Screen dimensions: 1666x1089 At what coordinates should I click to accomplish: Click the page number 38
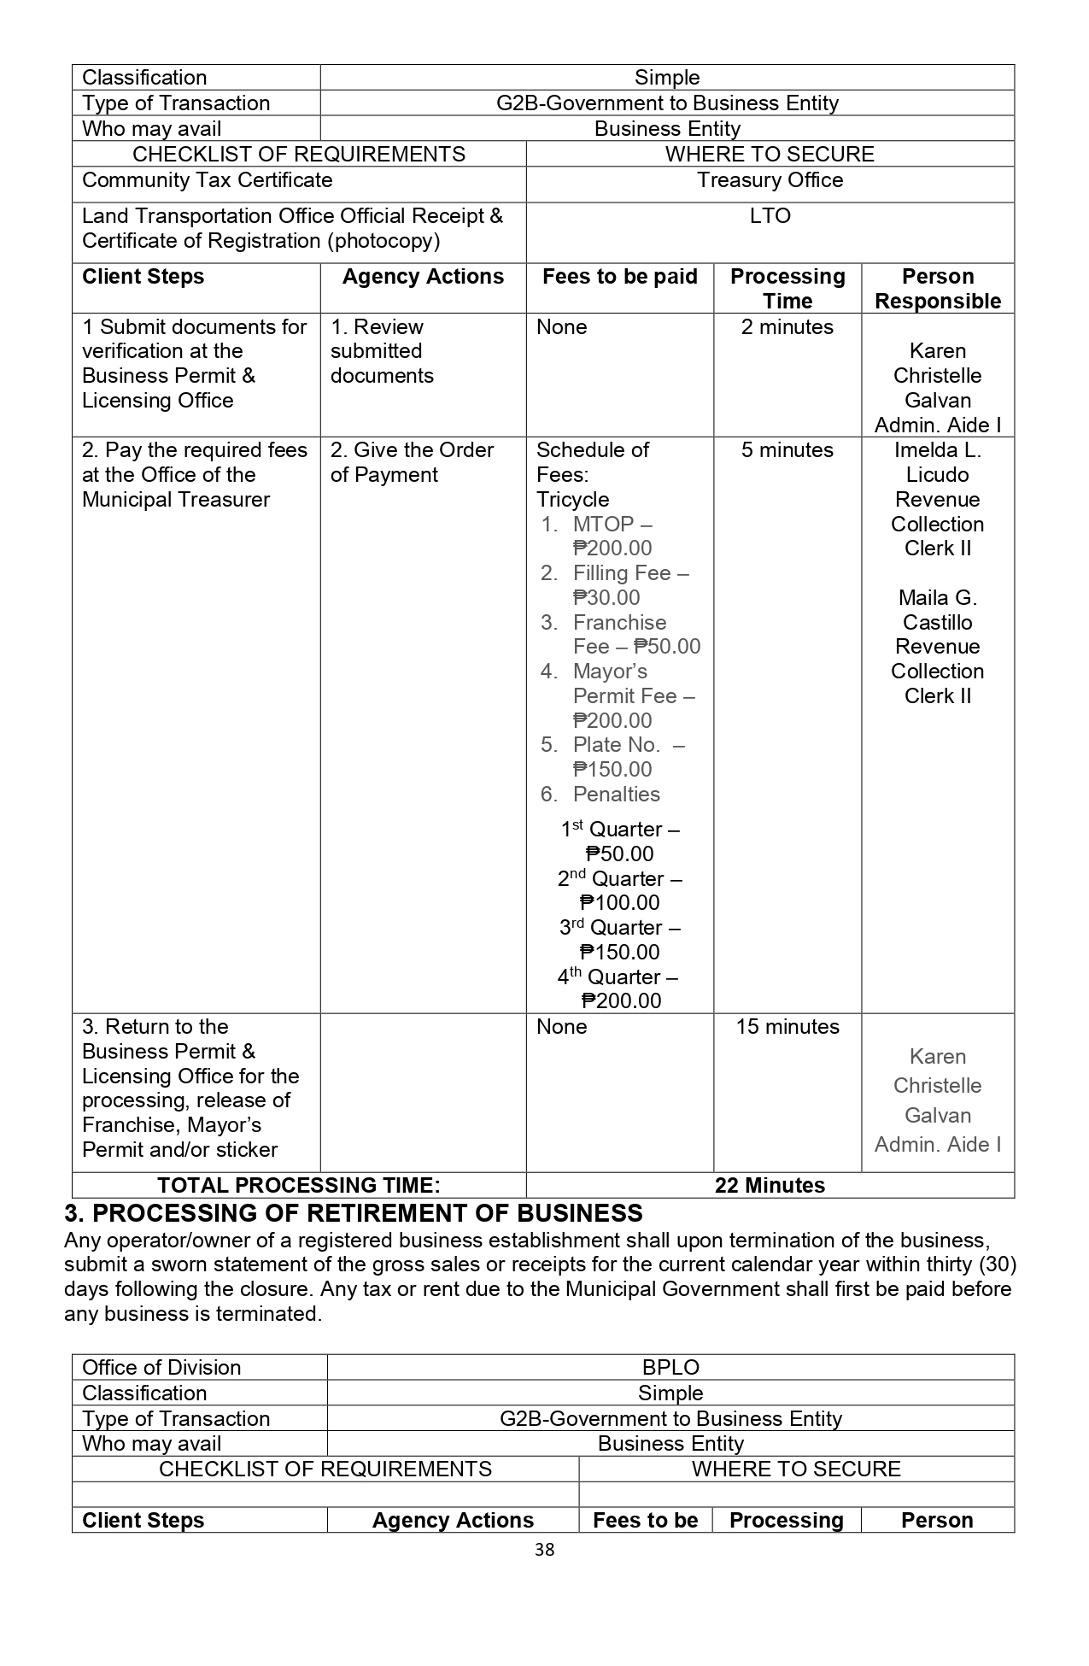pyautogui.click(x=544, y=1549)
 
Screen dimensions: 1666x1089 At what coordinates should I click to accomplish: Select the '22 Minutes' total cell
pyautogui.click(x=770, y=1185)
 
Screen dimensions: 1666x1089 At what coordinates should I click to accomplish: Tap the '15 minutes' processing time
pyautogui.click(x=787, y=1026)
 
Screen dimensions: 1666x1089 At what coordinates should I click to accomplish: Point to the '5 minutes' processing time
pyautogui.click(x=787, y=449)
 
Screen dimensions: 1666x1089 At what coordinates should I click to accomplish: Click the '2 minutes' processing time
pyautogui.click(x=787, y=326)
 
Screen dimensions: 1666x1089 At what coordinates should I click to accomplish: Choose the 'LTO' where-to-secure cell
pyautogui.click(x=770, y=215)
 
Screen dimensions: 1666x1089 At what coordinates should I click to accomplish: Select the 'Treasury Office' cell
pyautogui.click(x=770, y=179)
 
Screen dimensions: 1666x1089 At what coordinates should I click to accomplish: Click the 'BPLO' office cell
pyautogui.click(x=670, y=1367)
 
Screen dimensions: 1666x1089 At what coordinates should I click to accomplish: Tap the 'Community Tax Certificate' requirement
pyautogui.click(x=208, y=179)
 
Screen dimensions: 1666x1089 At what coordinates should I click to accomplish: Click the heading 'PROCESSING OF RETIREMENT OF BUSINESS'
pyautogui.click(x=367, y=1213)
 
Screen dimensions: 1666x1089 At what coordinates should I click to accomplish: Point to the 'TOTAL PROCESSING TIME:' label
pyautogui.click(x=299, y=1185)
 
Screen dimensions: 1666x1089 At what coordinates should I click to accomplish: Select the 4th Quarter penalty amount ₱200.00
pyautogui.click(x=621, y=1000)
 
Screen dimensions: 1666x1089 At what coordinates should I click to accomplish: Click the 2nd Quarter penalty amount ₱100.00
pyautogui.click(x=619, y=902)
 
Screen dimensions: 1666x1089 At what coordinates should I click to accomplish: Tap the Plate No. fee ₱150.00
pyautogui.click(x=612, y=769)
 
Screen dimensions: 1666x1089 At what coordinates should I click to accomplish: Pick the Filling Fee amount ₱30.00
pyautogui.click(x=606, y=597)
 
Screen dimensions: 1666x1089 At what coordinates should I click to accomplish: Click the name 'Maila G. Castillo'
pyautogui.click(x=938, y=609)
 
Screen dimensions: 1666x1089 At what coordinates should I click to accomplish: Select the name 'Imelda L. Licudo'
pyautogui.click(x=938, y=461)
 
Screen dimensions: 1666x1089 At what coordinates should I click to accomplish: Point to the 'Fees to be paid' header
pyautogui.click(x=620, y=276)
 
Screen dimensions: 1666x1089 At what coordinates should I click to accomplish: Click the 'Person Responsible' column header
pyautogui.click(x=938, y=288)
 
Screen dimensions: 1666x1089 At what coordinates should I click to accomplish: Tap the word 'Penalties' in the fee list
pyautogui.click(x=617, y=794)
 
